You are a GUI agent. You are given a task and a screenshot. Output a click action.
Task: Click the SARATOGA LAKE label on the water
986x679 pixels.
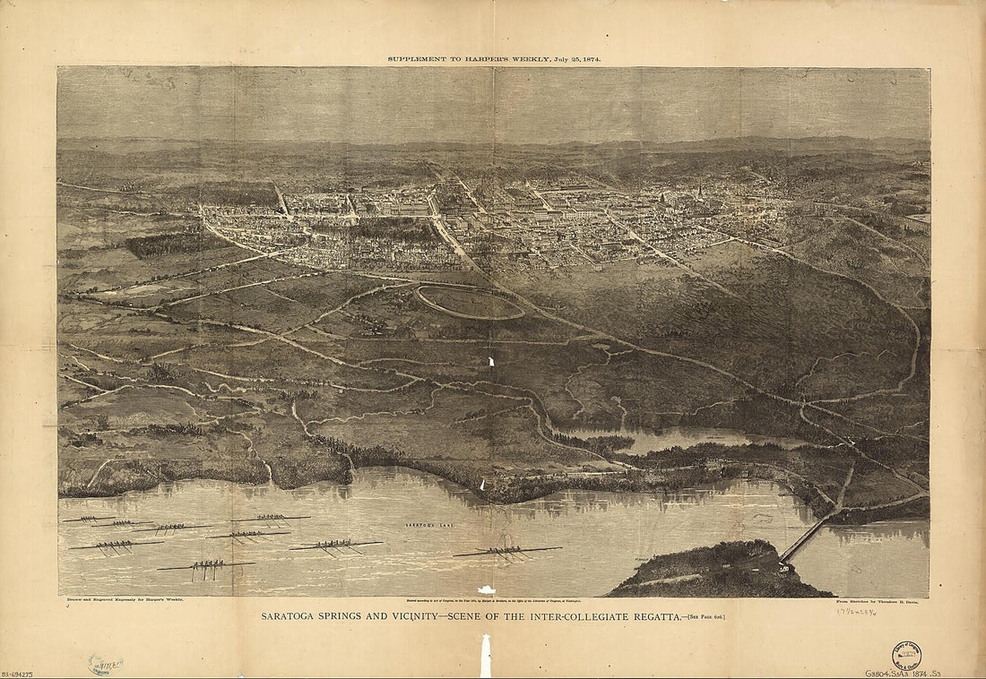[425, 522]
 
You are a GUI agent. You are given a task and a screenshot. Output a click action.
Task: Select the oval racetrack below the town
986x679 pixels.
[470, 302]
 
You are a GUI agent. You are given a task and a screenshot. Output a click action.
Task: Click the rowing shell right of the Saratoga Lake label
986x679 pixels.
[507, 552]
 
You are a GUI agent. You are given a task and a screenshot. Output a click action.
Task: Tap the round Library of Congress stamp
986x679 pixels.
[906, 656]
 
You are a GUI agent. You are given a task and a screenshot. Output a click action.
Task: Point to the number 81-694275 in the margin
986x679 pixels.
[18, 673]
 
